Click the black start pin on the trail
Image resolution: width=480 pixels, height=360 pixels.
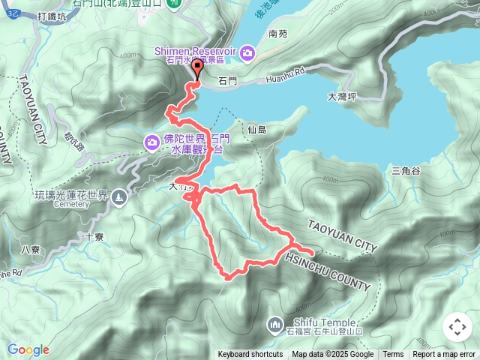[x=198, y=69]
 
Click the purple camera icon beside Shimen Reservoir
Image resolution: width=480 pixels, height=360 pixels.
[x=248, y=52]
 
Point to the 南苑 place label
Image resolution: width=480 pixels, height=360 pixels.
[x=277, y=34]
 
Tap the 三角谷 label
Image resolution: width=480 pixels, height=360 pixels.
[x=406, y=171]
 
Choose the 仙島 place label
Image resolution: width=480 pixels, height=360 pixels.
[x=256, y=130]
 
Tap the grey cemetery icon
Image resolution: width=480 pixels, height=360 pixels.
[x=120, y=197]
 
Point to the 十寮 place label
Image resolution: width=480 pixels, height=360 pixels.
[x=94, y=235]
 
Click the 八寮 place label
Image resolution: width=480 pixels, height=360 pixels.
[x=30, y=249]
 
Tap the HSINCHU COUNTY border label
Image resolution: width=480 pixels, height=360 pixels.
[x=327, y=272]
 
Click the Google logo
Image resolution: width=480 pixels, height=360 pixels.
[x=28, y=349]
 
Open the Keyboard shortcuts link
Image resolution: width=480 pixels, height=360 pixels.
[x=250, y=355]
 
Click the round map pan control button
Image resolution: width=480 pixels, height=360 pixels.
[x=457, y=327]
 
